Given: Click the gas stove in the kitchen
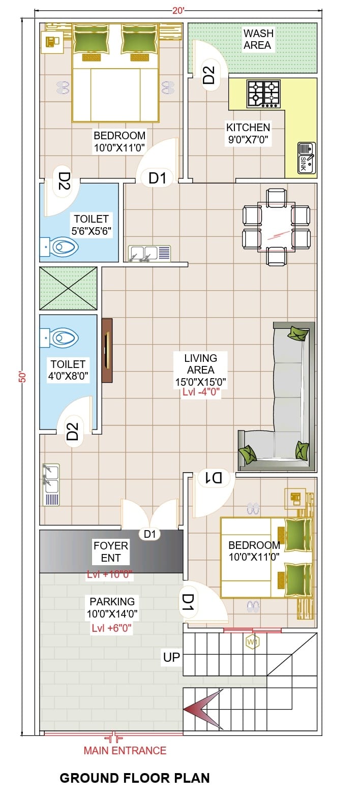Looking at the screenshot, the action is [x=264, y=94].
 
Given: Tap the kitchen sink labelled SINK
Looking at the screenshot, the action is [x=307, y=158].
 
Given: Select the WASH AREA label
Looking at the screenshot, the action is [x=258, y=39].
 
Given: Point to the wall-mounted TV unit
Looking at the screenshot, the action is [x=107, y=350].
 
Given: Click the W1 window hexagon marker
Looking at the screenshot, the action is [x=252, y=642].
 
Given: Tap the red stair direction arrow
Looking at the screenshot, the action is [x=203, y=709].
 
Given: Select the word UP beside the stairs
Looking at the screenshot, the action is [x=171, y=657].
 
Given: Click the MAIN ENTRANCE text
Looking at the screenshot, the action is [x=125, y=751].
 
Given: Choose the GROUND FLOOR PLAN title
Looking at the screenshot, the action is [x=135, y=778].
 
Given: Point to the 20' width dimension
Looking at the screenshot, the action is [x=178, y=11].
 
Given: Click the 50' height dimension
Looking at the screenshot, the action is [x=22, y=377].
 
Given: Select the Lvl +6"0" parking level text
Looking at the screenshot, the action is [x=112, y=628].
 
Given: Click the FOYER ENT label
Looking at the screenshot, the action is [x=111, y=551].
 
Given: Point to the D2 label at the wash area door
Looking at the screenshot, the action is [x=208, y=75].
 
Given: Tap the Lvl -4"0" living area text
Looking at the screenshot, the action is [x=201, y=392].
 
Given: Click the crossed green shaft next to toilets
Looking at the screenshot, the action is [x=68, y=288].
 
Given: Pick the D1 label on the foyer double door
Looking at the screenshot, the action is [x=150, y=534].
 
